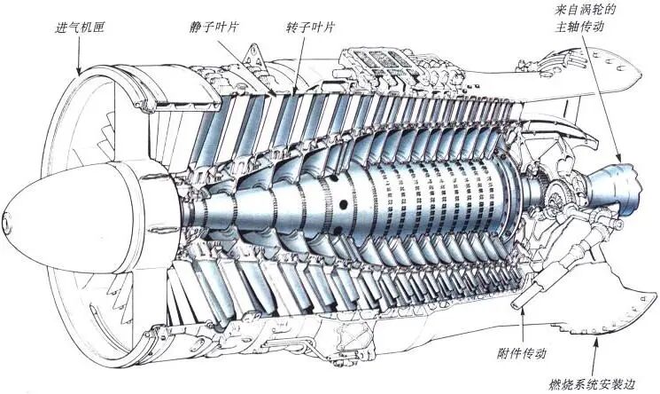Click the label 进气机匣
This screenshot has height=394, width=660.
pos(80,28)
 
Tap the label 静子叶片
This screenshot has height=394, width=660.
pos(214,28)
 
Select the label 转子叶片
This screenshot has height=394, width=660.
pos(310,28)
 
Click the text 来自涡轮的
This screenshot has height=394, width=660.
pos(585,9)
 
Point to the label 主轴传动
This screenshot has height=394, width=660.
pos(579,27)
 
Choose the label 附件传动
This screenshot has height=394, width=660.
pos(522,353)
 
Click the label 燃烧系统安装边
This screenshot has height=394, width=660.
pos(591,384)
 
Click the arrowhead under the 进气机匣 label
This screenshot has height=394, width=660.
pos(79,72)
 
